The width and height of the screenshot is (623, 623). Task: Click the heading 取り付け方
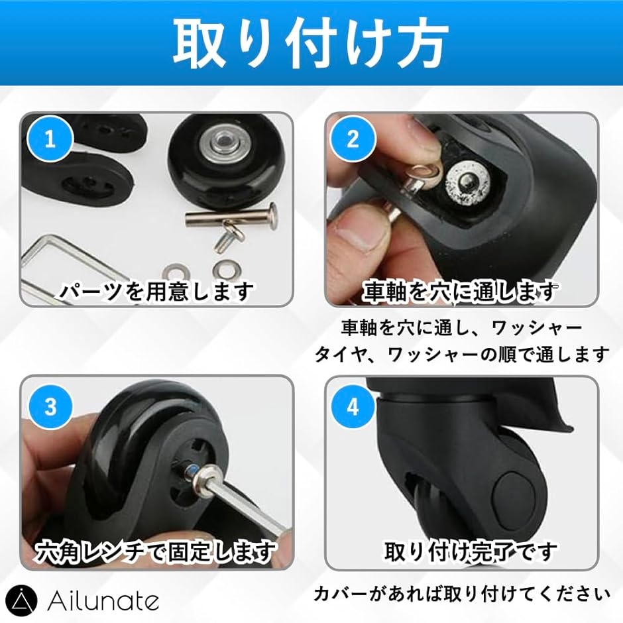tap(311, 43)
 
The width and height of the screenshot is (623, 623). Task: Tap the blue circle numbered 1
tap(50, 139)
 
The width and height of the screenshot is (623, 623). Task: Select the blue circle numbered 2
tap(353, 139)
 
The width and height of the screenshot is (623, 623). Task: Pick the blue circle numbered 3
tap(50, 406)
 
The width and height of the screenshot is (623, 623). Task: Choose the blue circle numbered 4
tap(353, 406)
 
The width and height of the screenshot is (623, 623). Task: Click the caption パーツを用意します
tap(156, 291)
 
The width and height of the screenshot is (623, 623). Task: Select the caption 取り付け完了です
tap(471, 551)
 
